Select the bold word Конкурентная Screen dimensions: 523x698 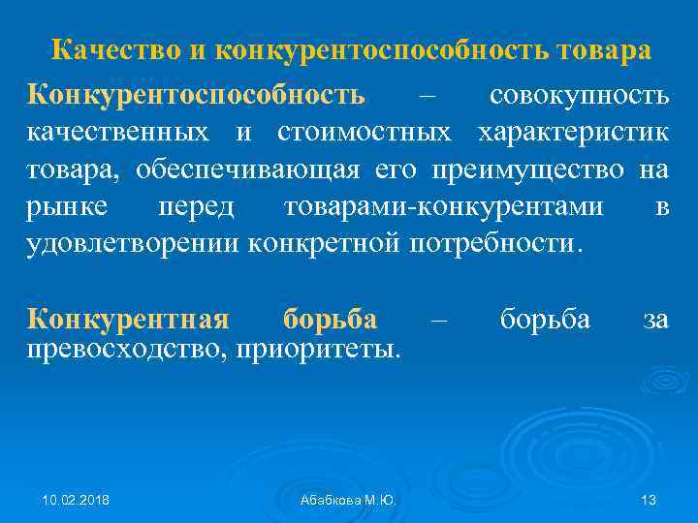tap(128, 318)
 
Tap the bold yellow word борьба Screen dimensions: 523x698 tap(331, 318)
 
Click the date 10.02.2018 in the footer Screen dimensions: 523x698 tap(76, 500)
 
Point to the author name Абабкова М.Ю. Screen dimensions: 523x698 tap(349, 500)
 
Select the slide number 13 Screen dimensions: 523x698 tap(649, 500)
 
